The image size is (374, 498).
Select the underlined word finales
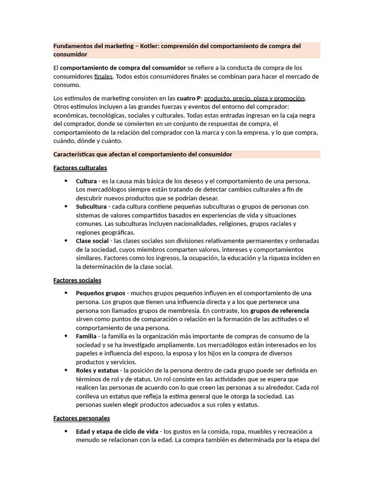click(103, 76)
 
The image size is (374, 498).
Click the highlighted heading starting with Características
click(143, 154)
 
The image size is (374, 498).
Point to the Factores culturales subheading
click(80, 168)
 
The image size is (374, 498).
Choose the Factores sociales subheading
click(77, 280)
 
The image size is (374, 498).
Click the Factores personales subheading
click(81, 418)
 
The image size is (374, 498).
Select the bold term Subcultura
click(92, 206)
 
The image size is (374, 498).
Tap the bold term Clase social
click(93, 241)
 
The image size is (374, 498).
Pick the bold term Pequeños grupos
click(100, 293)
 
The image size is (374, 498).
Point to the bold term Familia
click(86, 336)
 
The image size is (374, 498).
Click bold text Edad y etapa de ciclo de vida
click(117, 431)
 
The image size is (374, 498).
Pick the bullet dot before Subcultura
click(66, 206)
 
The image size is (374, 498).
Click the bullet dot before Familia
click(66, 336)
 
